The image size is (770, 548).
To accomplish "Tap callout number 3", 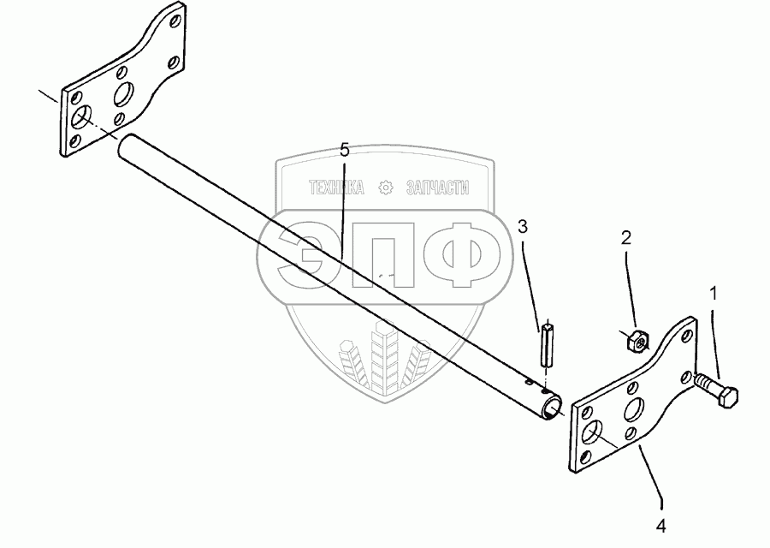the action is point(523,227).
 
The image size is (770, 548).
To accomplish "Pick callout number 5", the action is point(343,150).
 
